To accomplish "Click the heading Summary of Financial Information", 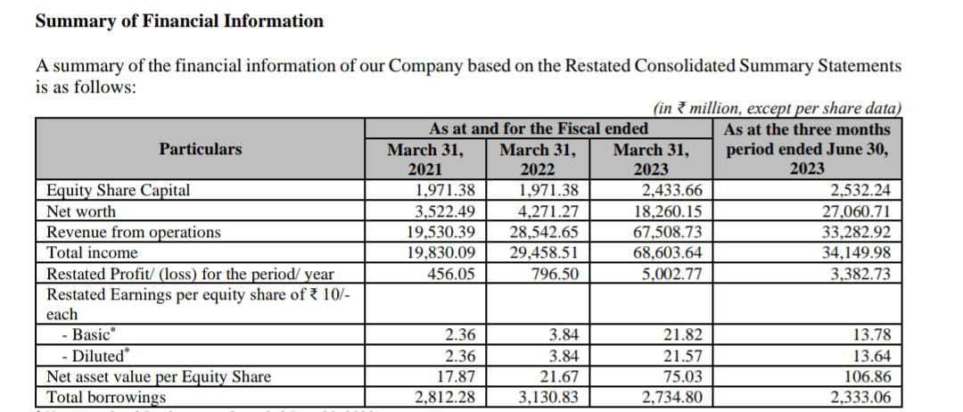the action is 179,21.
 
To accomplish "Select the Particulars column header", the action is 201,149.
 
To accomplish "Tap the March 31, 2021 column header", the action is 425,159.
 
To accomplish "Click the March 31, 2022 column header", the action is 538,159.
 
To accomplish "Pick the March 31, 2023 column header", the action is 651,159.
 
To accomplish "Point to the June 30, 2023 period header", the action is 807,149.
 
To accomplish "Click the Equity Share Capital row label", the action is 119,190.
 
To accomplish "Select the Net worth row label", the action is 81,212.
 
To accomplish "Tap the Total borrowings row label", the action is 106,397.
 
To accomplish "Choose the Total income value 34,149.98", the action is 856,253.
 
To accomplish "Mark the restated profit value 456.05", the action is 451,274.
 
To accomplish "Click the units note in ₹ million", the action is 778,109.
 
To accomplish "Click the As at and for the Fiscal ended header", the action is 539,129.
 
